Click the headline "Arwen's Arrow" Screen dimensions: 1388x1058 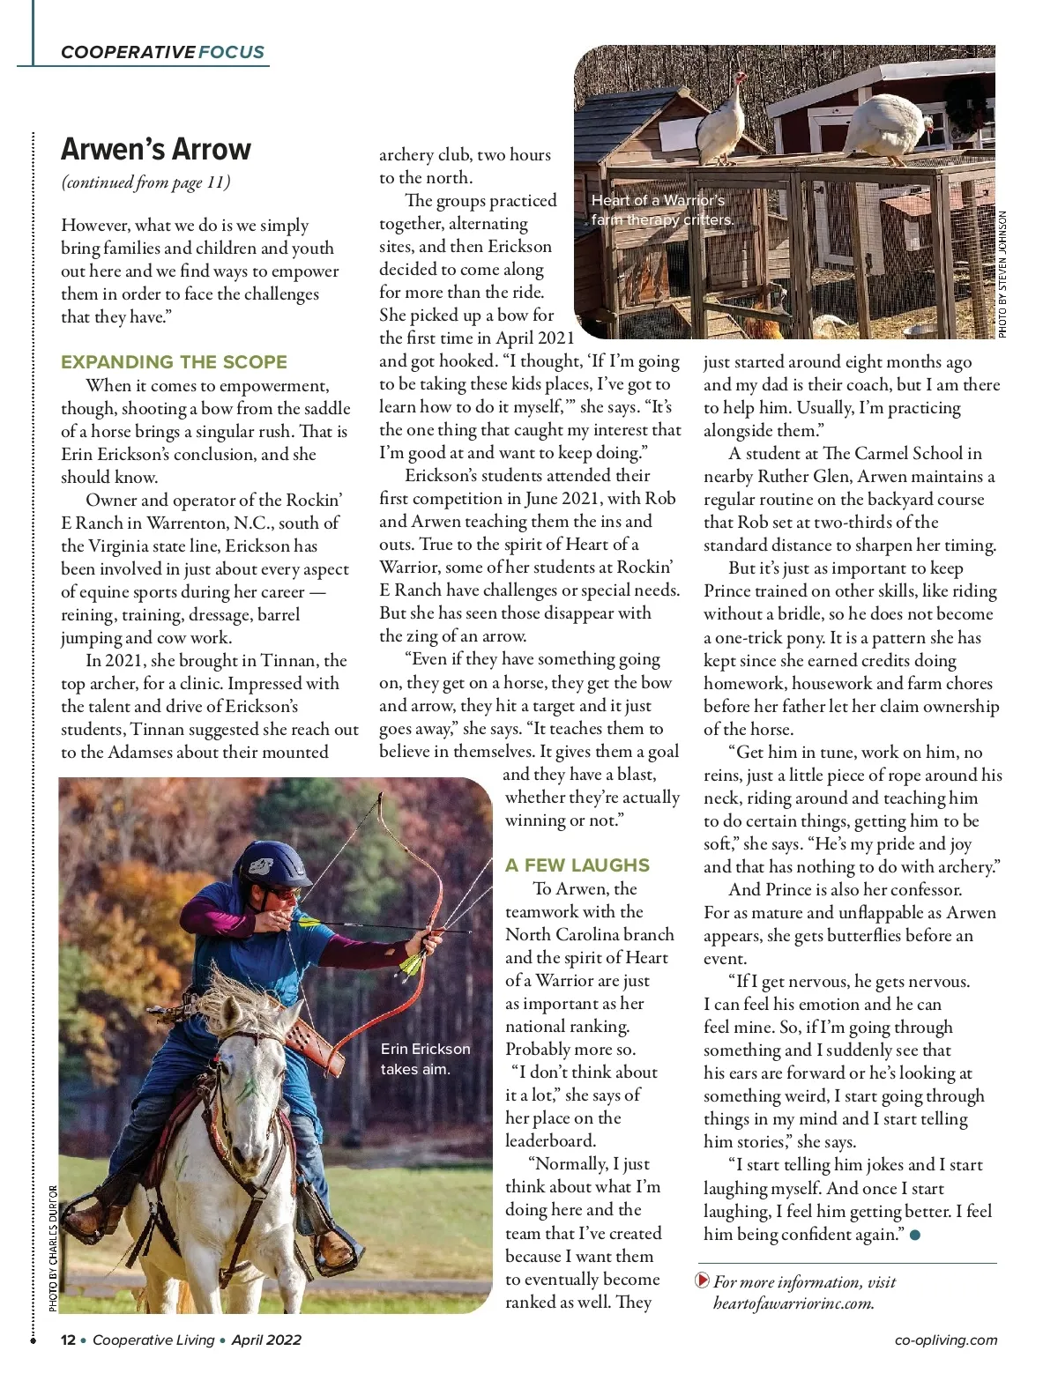point(156,149)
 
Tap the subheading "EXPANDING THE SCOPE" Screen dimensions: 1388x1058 point(174,362)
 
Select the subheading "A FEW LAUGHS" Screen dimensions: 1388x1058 point(577,865)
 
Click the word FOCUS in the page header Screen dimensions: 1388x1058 point(231,52)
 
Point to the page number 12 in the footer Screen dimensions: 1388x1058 point(68,1340)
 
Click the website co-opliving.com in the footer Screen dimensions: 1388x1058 point(945,1340)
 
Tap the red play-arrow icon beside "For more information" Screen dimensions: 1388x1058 point(702,1280)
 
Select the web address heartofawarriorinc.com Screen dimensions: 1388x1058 point(793,1303)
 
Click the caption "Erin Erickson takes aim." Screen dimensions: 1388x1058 point(425,1059)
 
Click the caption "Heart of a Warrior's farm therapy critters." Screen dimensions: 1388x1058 point(661,211)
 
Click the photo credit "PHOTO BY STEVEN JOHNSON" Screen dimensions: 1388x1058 point(1002,274)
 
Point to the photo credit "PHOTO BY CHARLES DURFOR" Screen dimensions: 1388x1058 point(53,1248)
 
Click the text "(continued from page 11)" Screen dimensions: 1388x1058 point(145,182)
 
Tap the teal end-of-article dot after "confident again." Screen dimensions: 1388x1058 point(914,1236)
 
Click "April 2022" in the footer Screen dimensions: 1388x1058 point(266,1340)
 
